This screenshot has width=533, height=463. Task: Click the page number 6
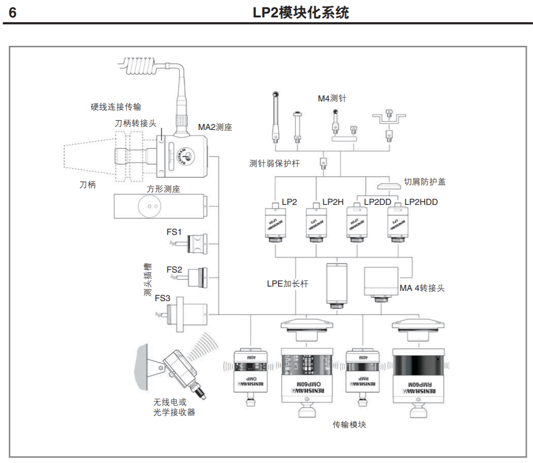coord(13,13)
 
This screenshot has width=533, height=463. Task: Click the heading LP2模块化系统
coord(301,13)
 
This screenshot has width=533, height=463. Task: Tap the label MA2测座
coord(215,128)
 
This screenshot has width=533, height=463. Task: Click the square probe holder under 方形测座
coord(159,206)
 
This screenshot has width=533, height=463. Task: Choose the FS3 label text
coord(162,299)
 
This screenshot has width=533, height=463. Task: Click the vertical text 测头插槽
coord(147,279)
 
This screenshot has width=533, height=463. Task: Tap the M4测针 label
coord(332,99)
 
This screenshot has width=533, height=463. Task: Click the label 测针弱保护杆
coord(274,163)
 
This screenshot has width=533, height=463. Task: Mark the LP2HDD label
coord(421,202)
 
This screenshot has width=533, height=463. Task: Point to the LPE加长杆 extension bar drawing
coord(337,285)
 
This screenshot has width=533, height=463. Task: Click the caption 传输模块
coord(349,425)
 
